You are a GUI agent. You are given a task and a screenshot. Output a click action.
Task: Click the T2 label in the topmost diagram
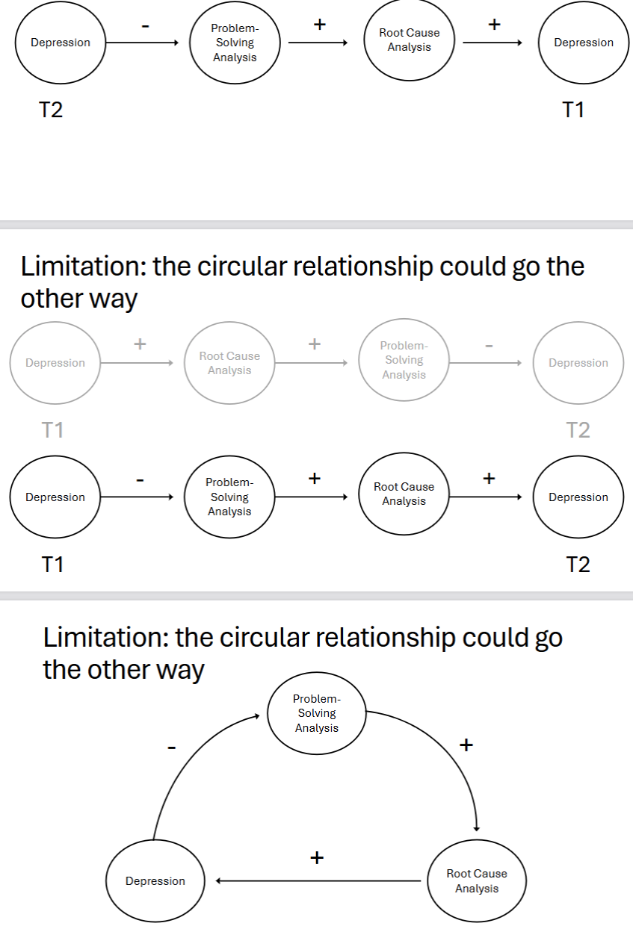(x=51, y=110)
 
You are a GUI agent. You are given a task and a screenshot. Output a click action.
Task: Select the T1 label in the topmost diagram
(x=572, y=110)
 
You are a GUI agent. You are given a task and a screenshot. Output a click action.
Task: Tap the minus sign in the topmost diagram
(x=145, y=27)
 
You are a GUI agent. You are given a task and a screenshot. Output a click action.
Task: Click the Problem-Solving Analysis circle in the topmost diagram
(x=235, y=43)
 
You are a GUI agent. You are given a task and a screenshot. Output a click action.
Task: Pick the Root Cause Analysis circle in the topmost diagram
(x=410, y=40)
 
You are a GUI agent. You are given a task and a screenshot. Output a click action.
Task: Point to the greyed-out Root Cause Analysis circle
(x=229, y=363)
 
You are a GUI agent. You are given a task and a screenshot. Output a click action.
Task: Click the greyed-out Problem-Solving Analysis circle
(x=404, y=360)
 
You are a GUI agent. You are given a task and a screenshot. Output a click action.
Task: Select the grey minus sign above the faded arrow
(x=489, y=346)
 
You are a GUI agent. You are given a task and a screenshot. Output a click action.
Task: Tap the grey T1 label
(x=52, y=430)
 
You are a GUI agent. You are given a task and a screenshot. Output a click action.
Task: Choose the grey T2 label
(x=578, y=430)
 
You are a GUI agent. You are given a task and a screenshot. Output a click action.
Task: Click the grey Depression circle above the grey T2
(x=578, y=363)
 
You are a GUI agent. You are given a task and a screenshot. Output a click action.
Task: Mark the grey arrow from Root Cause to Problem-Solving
(x=312, y=363)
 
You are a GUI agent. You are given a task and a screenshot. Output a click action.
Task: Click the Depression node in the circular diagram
(x=155, y=881)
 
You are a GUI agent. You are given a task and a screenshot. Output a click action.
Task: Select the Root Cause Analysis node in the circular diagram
(x=476, y=881)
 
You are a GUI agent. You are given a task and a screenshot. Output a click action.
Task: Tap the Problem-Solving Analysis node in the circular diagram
(x=316, y=713)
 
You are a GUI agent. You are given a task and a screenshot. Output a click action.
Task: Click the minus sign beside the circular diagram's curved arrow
(x=171, y=747)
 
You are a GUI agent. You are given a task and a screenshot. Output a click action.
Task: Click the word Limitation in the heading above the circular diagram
(x=104, y=639)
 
